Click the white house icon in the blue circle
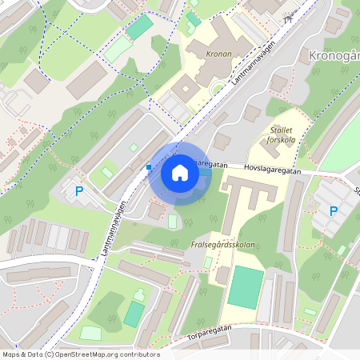[180, 173]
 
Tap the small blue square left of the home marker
[148, 166]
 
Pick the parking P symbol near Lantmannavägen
[78, 191]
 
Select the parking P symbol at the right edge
[333, 211]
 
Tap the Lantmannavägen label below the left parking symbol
[115, 227]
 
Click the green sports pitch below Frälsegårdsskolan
[245, 286]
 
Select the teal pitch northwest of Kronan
[139, 27]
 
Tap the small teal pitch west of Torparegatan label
[134, 314]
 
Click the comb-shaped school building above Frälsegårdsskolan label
[248, 196]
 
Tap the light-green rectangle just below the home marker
[173, 220]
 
